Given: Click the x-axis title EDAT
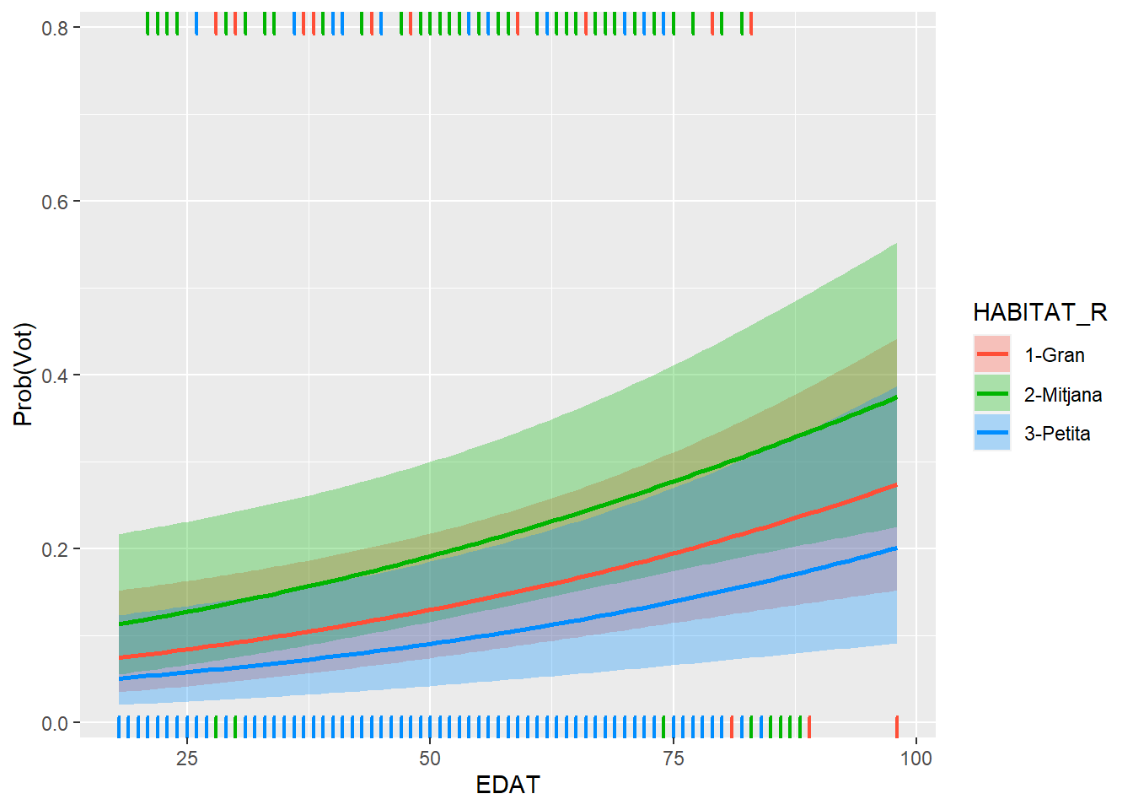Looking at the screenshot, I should [x=507, y=786].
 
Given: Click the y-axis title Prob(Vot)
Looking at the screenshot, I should [x=24, y=375].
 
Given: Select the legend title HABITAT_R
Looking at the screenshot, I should [x=1039, y=313].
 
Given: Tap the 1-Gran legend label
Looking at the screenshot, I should [x=1054, y=355].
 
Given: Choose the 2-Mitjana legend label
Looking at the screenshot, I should [x=1062, y=395].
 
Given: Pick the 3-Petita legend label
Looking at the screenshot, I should [x=1057, y=434].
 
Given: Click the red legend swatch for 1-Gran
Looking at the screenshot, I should [x=992, y=355].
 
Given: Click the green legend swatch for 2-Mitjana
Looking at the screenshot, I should [x=992, y=395].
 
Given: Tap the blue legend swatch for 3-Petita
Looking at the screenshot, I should [x=992, y=434].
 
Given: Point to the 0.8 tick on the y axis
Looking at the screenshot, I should [x=55, y=28].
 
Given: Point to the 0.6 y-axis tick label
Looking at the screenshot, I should [x=55, y=202].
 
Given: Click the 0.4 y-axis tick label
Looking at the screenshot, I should [x=55, y=375].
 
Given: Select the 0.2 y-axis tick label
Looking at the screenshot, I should [x=55, y=549].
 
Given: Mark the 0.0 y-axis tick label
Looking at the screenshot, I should [x=55, y=723].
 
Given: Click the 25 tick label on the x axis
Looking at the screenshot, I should [x=187, y=759].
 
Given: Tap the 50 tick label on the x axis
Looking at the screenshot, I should [x=430, y=759].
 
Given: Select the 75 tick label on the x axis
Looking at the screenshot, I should [x=673, y=759].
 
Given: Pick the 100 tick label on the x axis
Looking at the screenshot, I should [x=916, y=759].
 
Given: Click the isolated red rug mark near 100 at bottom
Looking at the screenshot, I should [x=896, y=726].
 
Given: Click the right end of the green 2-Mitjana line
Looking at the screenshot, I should [x=895, y=397].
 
